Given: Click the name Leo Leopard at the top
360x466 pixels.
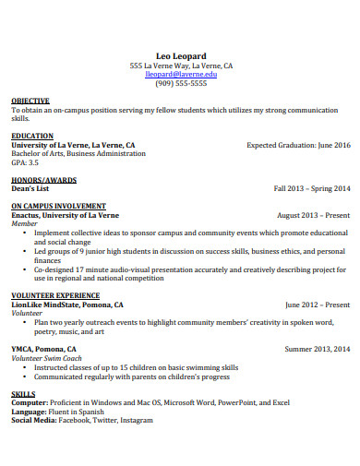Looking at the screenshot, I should (x=180, y=55).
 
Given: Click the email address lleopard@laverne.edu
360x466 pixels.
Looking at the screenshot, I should (x=180, y=74).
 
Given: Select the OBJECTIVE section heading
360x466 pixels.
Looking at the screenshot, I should (x=30, y=101).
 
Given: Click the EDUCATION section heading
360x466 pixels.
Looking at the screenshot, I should (x=31, y=136).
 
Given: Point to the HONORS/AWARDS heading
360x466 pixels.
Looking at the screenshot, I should (x=43, y=180).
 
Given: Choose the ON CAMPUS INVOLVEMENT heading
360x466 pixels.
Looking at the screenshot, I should (x=58, y=206).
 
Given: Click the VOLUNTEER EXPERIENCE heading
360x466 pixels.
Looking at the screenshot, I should (x=56, y=295).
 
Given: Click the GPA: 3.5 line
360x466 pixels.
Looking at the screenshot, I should (x=25, y=161).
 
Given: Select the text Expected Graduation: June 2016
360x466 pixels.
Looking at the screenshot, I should (x=298, y=145).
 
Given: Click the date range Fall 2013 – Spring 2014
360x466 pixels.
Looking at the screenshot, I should (x=312, y=188).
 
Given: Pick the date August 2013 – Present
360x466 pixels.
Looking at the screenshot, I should (x=314, y=215).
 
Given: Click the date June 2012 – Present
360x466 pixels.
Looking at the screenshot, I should (x=318, y=305).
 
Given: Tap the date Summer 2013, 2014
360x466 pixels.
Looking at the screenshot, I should (x=318, y=349).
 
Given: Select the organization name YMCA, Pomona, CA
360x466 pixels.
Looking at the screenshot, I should (x=44, y=349).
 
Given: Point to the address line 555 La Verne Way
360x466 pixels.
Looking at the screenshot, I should (x=181, y=66).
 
